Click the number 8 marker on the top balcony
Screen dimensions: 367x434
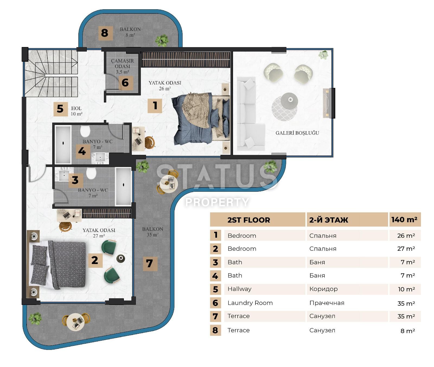[x=105, y=33]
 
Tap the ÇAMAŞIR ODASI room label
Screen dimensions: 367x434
[x=122, y=66]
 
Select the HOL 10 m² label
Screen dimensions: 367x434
[x=76, y=111]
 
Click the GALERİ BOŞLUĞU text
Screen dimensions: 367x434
[x=297, y=133]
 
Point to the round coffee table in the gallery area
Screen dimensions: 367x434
[x=289, y=101]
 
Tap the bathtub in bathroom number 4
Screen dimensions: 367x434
[x=63, y=144]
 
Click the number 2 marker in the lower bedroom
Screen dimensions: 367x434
[x=95, y=260]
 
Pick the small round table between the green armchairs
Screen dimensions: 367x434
[x=120, y=258]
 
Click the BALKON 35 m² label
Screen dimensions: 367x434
[x=152, y=232]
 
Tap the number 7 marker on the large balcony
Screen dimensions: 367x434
[x=150, y=263]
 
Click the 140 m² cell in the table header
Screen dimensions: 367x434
[x=404, y=220]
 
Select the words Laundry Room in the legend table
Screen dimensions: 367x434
[x=250, y=303]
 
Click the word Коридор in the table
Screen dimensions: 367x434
[x=323, y=289]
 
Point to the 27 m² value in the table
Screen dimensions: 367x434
[x=406, y=249]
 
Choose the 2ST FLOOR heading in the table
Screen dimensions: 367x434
[x=248, y=220]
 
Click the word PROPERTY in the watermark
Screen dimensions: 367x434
[x=217, y=202]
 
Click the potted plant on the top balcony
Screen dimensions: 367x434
[x=162, y=40]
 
